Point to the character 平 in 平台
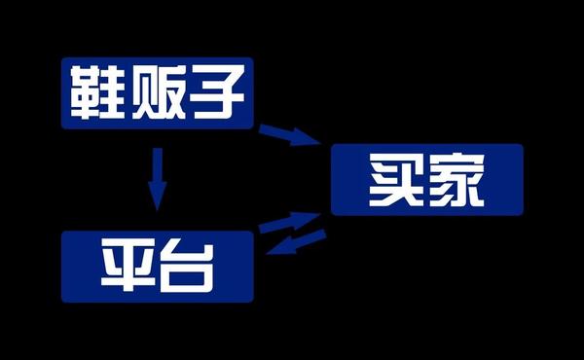128,267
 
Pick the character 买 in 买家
396,180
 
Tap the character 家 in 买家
456,180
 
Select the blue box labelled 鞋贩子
157,93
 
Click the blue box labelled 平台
157,267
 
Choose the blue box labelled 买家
427,179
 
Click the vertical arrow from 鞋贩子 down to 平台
158,179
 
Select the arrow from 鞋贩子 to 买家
290,135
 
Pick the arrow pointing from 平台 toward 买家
290,223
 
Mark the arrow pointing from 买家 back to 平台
296,242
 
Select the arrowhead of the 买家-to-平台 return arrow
280,247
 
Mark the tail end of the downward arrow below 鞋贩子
158,149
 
